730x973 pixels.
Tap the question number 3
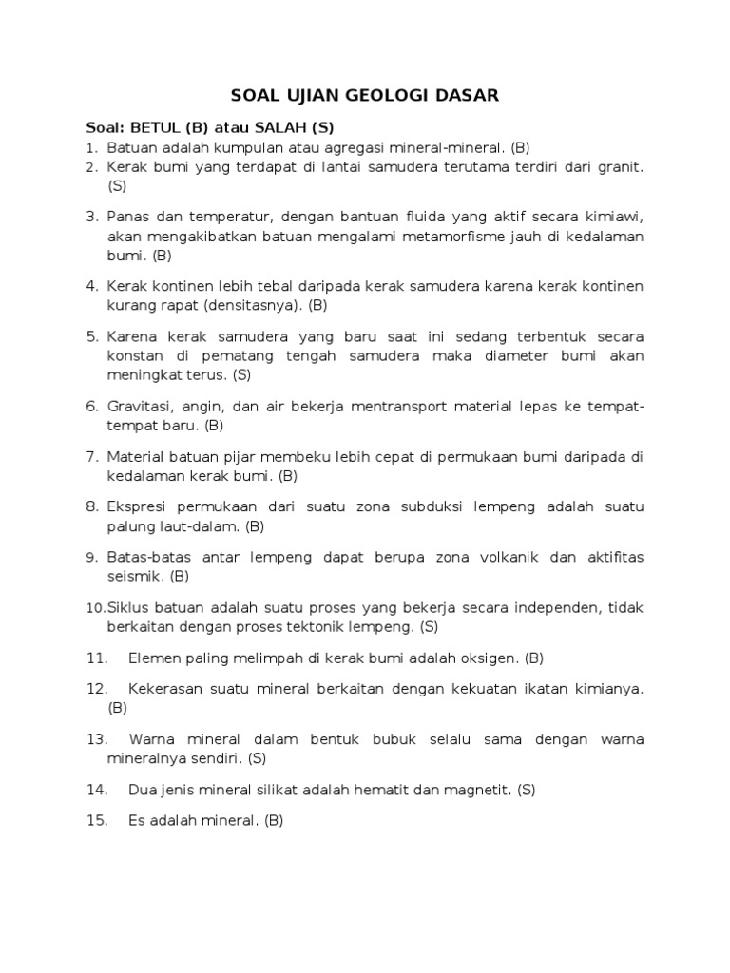92,218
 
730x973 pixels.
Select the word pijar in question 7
228,456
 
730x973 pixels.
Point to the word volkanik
514,557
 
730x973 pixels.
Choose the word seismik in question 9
136,576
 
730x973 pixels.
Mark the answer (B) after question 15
274,821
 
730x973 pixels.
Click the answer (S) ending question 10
429,626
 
